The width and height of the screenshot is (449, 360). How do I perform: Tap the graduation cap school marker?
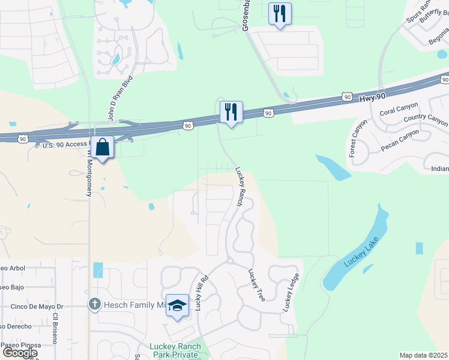click(178, 306)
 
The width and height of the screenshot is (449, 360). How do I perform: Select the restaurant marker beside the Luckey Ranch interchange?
click(231, 112)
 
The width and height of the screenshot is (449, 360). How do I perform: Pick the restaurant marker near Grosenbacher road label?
click(279, 14)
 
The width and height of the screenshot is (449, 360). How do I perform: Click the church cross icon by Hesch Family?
click(94, 305)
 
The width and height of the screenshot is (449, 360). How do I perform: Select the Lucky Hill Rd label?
click(200, 293)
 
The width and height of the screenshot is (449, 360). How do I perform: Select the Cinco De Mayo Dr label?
click(37, 307)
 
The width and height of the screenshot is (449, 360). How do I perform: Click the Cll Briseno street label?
click(55, 328)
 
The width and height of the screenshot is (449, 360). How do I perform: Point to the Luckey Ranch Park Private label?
click(173, 350)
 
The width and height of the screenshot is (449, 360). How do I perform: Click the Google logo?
click(20, 353)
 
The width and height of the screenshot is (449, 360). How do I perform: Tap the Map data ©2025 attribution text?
click(423, 355)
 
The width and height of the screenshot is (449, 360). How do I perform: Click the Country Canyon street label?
click(426, 119)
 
